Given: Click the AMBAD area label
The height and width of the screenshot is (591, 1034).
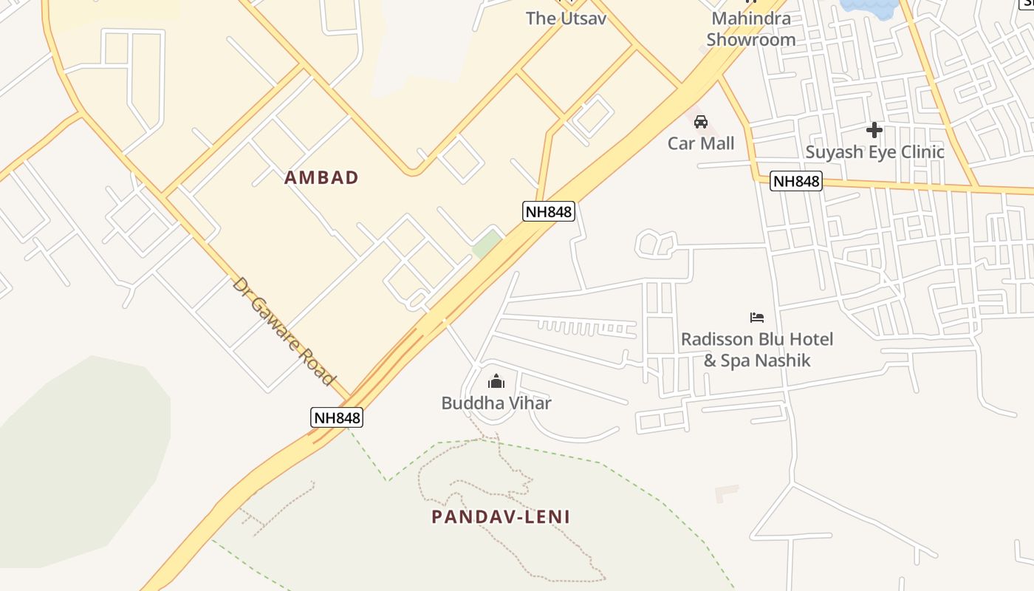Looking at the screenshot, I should [321, 177].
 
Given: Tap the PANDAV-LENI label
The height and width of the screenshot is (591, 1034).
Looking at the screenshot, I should [501, 516].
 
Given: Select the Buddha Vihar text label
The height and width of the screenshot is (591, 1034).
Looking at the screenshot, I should [496, 403].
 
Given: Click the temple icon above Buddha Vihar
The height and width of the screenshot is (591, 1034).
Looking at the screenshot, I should [496, 381].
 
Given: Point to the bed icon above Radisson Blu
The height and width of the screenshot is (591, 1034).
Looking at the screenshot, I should [757, 318].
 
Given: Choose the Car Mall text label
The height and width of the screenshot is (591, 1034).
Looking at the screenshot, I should [701, 143].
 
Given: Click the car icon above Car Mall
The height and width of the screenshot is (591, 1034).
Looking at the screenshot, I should [701, 122].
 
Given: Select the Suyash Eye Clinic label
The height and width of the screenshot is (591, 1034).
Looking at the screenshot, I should [874, 152].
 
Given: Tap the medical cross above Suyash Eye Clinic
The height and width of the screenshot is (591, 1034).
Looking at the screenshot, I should [874, 131].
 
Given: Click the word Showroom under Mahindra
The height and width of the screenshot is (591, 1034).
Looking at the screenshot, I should [751, 40].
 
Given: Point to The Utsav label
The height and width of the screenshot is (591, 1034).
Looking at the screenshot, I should [566, 18].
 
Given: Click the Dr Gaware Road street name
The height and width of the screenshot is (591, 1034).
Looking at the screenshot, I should [283, 331].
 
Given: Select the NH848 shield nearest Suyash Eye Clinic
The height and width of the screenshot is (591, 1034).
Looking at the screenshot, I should [796, 181].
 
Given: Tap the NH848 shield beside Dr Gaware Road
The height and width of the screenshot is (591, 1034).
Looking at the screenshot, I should [337, 417].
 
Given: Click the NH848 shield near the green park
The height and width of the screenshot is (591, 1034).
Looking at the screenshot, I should [549, 212].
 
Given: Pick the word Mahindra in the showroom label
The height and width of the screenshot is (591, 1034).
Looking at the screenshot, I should [751, 18].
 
